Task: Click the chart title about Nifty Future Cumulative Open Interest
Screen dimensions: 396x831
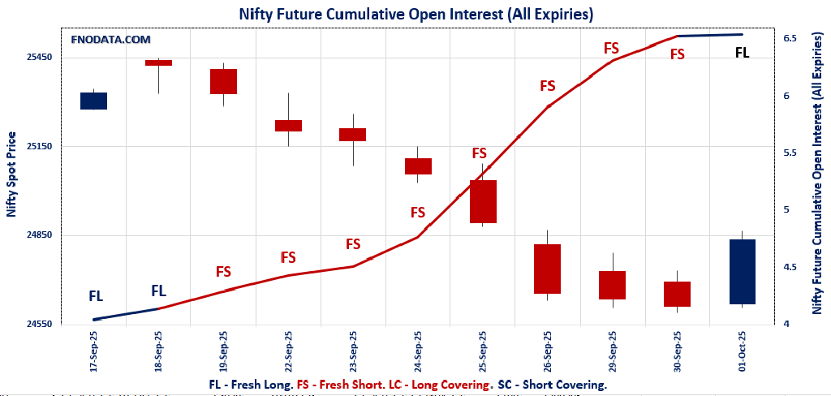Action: [415, 14]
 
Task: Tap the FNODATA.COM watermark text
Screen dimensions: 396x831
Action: [110, 39]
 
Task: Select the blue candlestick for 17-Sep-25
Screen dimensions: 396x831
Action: [93, 101]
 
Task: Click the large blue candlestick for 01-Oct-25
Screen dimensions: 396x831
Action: [742, 272]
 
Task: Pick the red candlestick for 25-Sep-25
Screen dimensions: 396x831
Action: [483, 201]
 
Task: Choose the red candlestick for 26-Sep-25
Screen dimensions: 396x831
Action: [547, 269]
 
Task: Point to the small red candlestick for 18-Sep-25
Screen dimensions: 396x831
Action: [158, 62]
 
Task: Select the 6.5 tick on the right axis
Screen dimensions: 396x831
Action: [789, 38]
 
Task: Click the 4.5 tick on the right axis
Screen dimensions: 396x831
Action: [789, 267]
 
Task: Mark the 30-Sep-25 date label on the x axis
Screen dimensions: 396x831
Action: [678, 350]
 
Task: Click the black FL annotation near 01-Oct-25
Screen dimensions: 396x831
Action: [742, 53]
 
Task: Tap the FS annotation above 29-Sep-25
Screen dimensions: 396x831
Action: [611, 48]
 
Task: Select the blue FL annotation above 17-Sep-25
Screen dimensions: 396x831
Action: [96, 296]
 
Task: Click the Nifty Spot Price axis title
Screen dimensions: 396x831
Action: [11, 174]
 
